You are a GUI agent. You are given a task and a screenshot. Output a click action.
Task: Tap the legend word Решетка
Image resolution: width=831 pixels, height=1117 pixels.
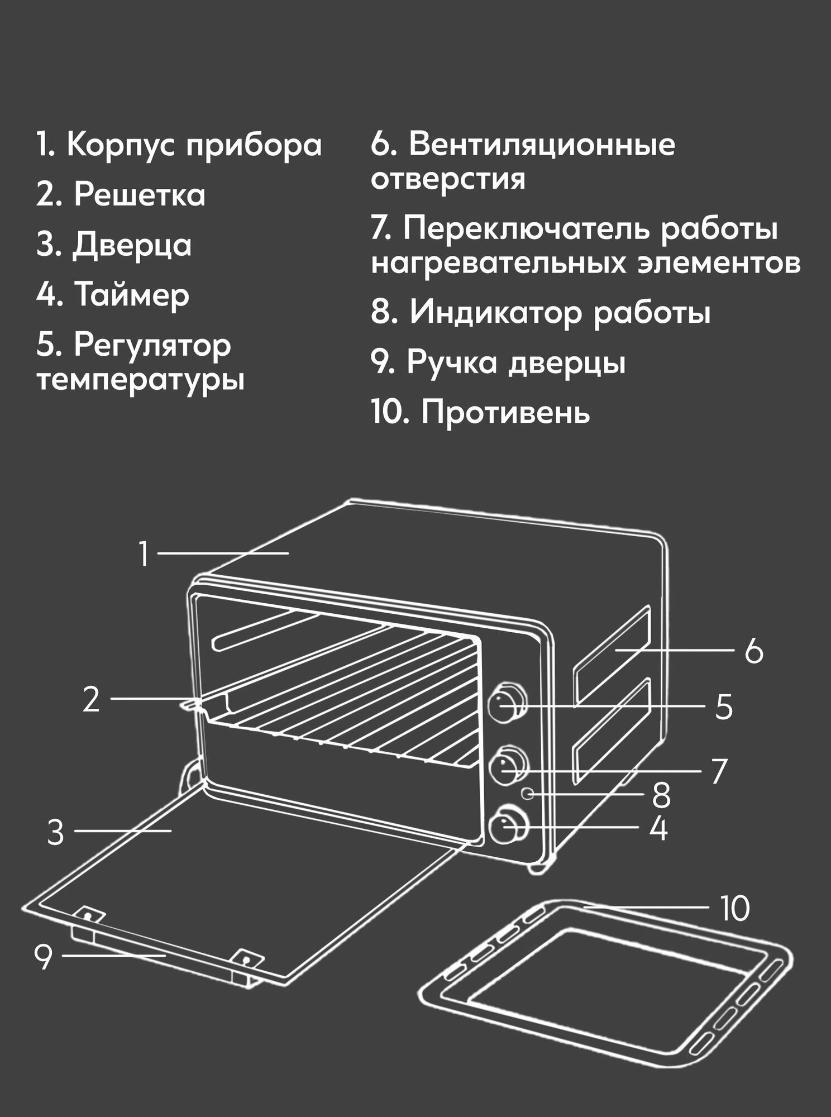pyautogui.click(x=140, y=195)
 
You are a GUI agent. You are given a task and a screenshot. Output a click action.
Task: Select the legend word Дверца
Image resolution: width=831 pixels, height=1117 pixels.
pyautogui.click(x=132, y=246)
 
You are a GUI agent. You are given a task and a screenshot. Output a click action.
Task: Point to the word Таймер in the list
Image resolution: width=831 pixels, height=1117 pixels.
pyautogui.click(x=132, y=295)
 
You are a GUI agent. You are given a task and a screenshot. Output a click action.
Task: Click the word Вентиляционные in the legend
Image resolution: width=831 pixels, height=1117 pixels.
pyautogui.click(x=542, y=145)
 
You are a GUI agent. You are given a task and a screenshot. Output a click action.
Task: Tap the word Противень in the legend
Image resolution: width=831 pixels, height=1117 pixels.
pyautogui.click(x=505, y=413)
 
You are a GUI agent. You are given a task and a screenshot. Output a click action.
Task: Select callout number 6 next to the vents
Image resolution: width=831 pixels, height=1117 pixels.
pyautogui.click(x=754, y=651)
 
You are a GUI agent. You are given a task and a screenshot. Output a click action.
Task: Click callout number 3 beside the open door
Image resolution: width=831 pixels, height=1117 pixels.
pyautogui.click(x=55, y=833)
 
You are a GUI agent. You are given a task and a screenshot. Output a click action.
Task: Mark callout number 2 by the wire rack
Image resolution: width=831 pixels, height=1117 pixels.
pyautogui.click(x=91, y=699)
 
